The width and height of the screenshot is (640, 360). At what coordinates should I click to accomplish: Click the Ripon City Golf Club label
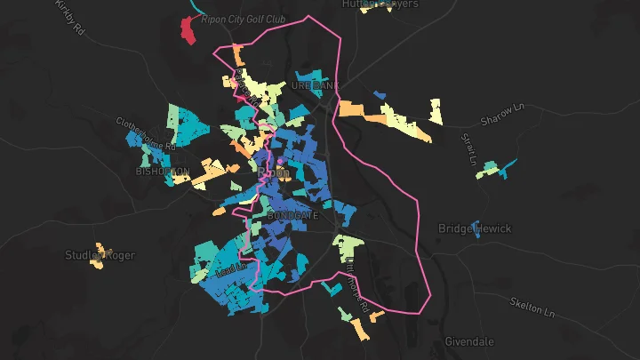(243, 19)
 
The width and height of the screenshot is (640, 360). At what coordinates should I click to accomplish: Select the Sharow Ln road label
(503, 115)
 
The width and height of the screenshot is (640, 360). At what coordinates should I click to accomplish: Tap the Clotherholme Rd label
(148, 134)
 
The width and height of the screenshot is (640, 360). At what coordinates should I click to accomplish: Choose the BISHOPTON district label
(163, 171)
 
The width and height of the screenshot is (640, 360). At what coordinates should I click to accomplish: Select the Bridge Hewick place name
(475, 228)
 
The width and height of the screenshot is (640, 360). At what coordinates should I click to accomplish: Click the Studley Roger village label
(100, 256)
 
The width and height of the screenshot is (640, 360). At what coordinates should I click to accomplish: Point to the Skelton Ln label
(532, 308)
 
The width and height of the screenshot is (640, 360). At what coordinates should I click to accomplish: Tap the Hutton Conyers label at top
(380, 4)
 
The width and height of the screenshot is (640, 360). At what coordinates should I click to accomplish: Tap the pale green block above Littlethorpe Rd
(348, 245)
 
